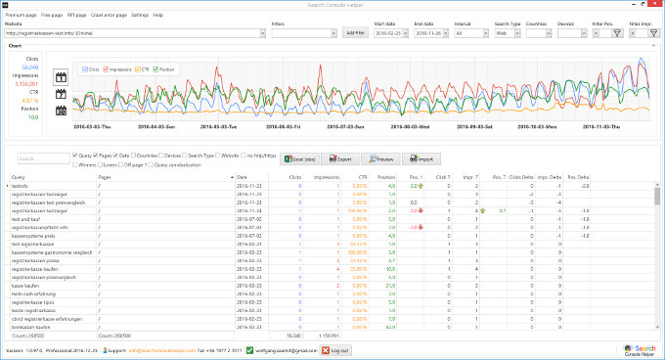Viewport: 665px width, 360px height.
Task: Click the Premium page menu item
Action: tap(21, 16)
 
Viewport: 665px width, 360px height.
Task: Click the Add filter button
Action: tap(354, 33)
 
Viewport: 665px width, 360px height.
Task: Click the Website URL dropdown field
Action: tap(136, 33)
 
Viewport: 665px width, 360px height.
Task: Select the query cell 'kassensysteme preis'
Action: tap(34, 236)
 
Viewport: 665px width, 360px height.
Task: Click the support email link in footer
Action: tap(162, 349)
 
